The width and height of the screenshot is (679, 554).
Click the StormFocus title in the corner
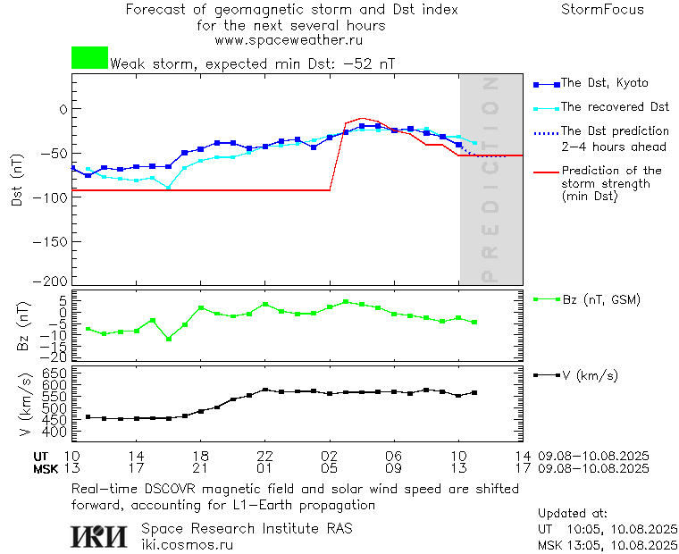pyautogui.click(x=602, y=10)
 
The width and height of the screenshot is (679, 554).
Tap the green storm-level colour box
pyautogui.click(x=89, y=58)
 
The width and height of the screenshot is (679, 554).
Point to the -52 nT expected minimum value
pyautogui.click(x=369, y=64)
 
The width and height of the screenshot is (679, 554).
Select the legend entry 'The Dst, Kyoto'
pyautogui.click(x=604, y=83)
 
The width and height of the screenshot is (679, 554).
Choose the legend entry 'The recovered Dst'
pyautogui.click(x=615, y=107)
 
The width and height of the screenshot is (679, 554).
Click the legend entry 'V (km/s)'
pyautogui.click(x=590, y=375)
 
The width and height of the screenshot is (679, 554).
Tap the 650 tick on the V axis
pyautogui.click(x=54, y=373)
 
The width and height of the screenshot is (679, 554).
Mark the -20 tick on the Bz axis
pyautogui.click(x=54, y=357)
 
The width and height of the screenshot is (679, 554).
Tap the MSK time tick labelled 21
pyautogui.click(x=201, y=468)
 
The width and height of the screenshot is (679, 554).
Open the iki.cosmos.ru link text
pyautogui.click(x=187, y=544)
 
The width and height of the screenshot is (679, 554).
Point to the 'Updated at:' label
pyautogui.click(x=573, y=514)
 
